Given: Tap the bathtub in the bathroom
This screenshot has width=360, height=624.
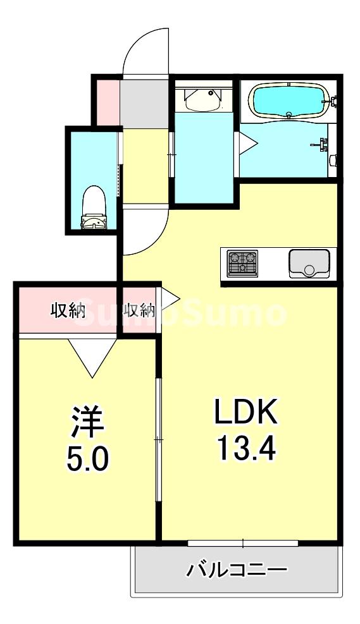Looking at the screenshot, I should click(288, 100).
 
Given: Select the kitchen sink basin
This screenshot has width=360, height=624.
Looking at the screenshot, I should click(309, 263).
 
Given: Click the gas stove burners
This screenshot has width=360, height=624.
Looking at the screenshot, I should click(242, 263).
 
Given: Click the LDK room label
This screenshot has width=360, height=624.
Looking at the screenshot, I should click(245, 413).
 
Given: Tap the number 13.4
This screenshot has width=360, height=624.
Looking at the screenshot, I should click(245, 449).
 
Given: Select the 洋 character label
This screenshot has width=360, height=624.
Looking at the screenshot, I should click(87, 422).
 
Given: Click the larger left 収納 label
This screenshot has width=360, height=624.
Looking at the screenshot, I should click(68, 310).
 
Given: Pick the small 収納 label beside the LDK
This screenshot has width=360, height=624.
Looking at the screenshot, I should click(139, 310).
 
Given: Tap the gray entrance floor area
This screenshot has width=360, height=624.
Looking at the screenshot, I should click(144, 101).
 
